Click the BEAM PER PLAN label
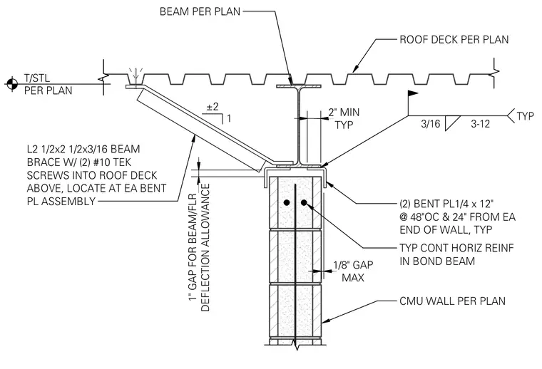[200, 11]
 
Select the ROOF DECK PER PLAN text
[454, 39]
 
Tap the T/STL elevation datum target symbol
[11, 83]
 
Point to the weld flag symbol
[413, 93]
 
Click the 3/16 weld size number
[430, 123]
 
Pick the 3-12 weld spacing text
[480, 123]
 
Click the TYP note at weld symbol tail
[526, 115]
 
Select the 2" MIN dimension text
[344, 112]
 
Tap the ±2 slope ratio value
[213, 107]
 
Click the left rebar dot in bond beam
[287, 202]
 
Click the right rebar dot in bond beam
[304, 202]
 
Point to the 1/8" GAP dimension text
[353, 265]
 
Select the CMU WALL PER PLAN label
[452, 301]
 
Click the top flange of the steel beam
[299, 86]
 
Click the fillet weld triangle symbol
[452, 123]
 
